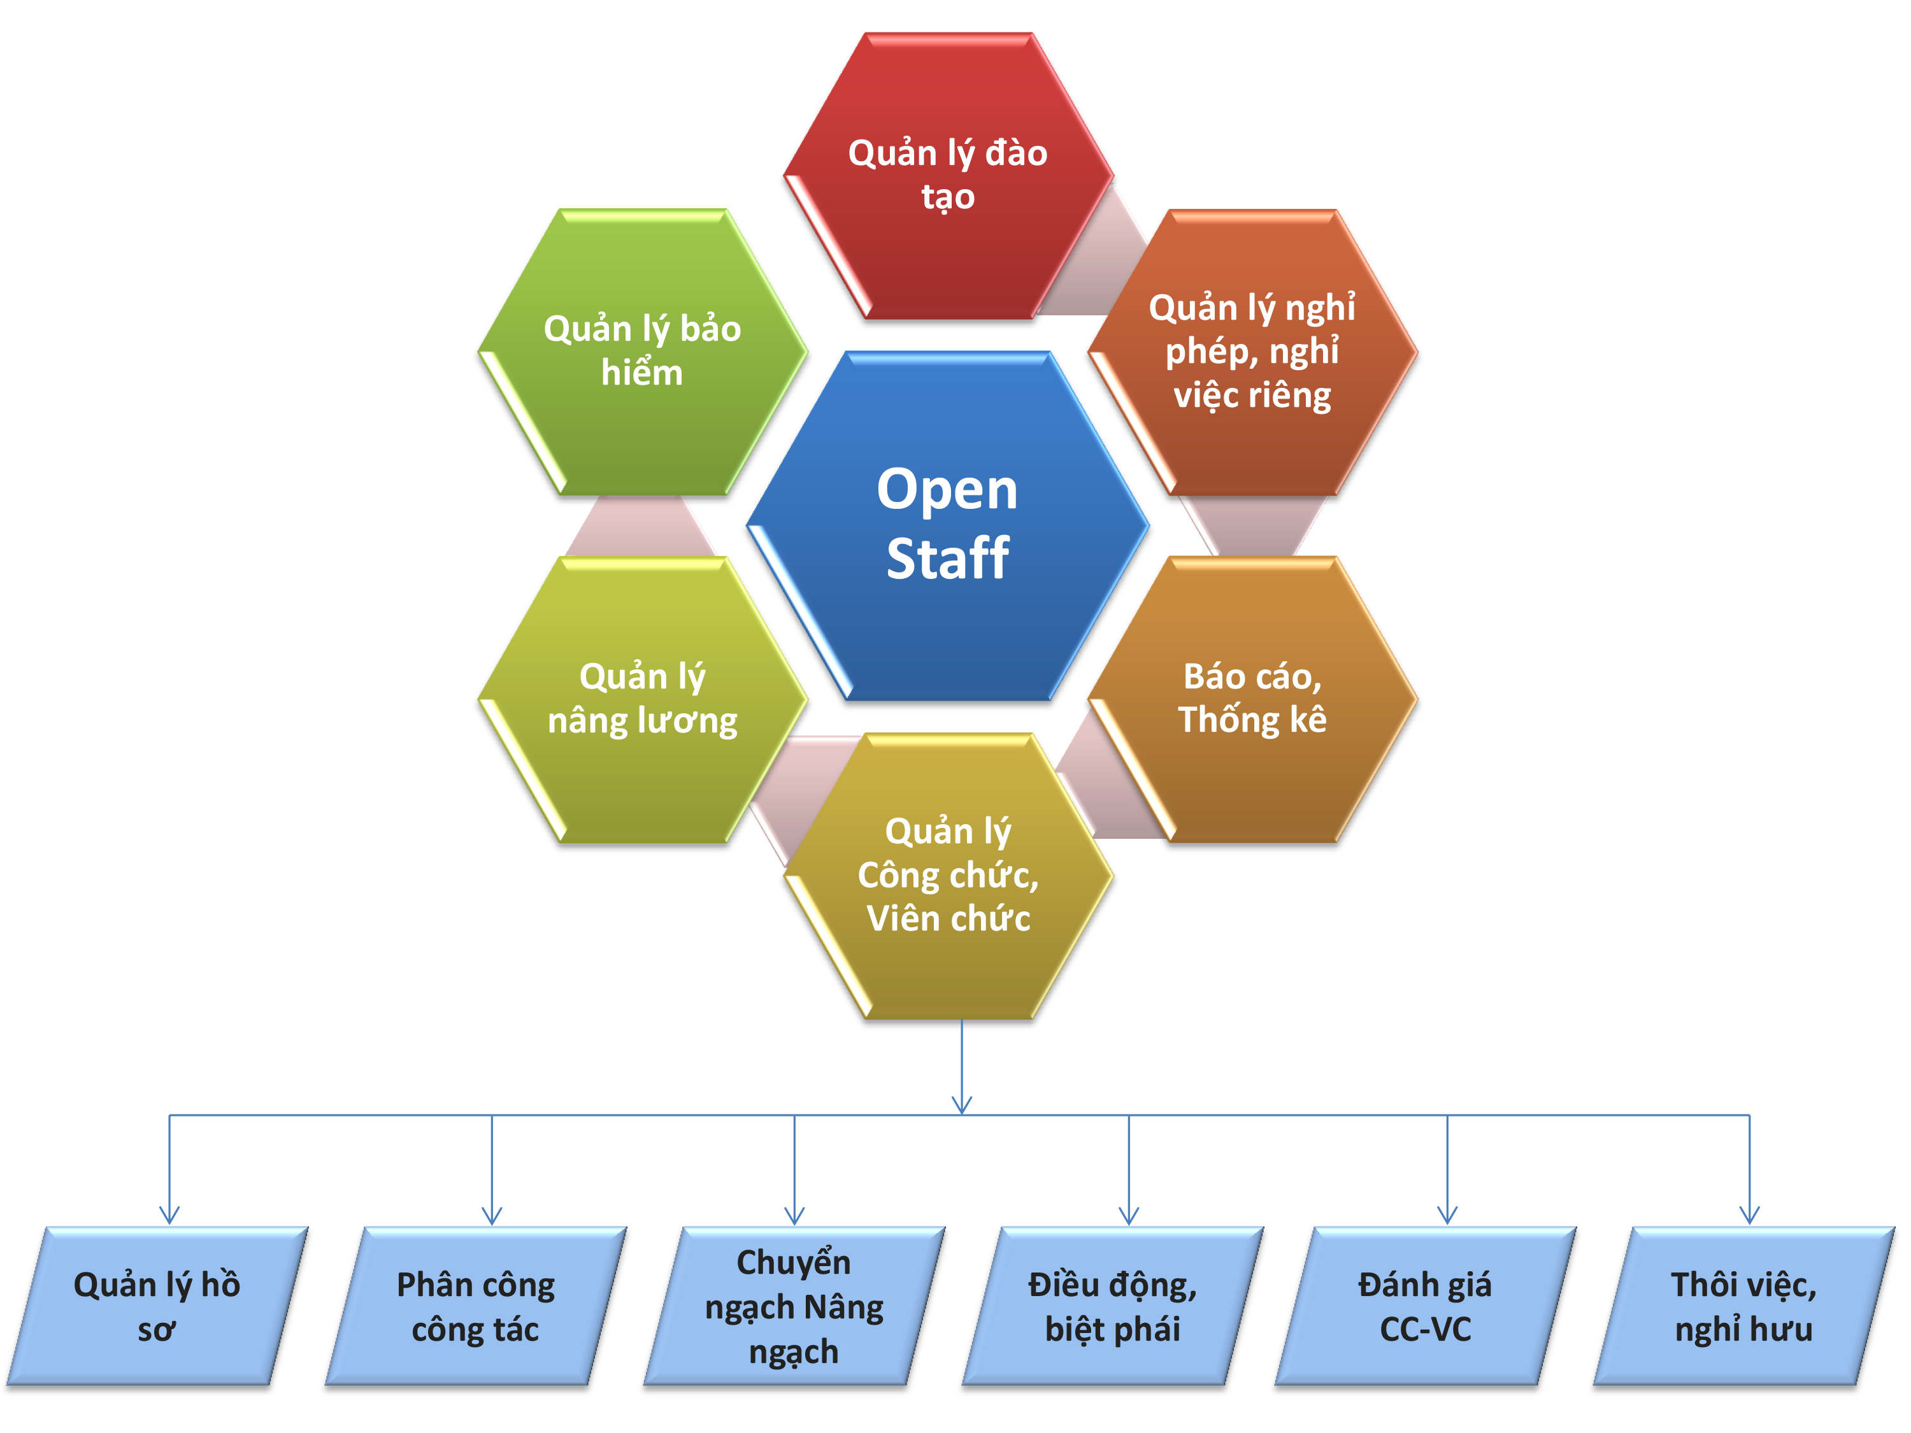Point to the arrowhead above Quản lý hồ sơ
click(x=169, y=1215)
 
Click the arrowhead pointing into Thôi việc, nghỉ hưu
click(x=1749, y=1215)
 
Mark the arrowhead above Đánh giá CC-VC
click(x=1447, y=1215)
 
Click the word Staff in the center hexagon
click(x=948, y=559)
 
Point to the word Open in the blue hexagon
click(x=948, y=490)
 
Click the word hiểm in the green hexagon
click(x=642, y=373)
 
